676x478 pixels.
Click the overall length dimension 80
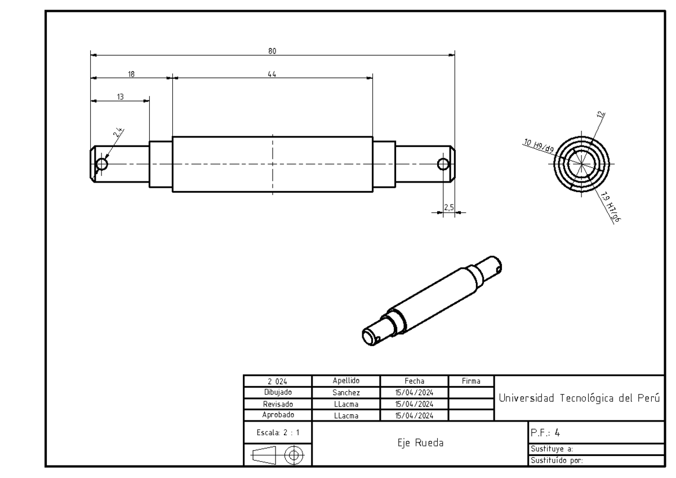272,51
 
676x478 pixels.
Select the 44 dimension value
272,74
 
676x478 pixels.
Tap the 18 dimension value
131,74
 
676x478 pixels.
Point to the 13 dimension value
120,97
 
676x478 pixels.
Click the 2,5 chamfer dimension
449,207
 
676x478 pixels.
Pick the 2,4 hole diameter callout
118,133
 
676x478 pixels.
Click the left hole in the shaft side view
102,165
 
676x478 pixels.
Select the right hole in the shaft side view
443,165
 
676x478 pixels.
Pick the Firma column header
470,381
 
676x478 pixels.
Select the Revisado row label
277,404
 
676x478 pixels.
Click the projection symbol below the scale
277,454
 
